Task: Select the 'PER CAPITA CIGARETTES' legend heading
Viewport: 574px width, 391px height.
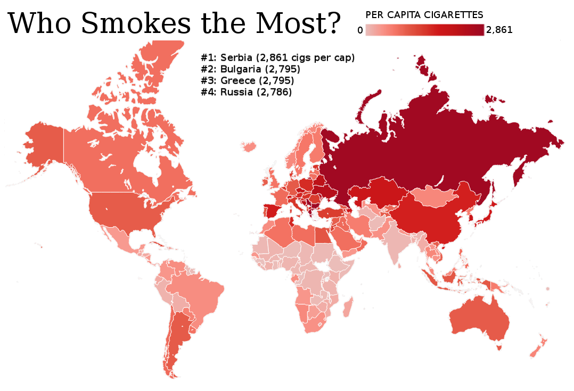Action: (x=424, y=14)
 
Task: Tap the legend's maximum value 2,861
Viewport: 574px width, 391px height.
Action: (x=499, y=30)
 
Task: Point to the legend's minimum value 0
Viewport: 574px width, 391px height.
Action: (x=360, y=30)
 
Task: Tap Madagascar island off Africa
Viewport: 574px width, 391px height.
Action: (x=348, y=307)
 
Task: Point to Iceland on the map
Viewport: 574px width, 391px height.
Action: (x=248, y=146)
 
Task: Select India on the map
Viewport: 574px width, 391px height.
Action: (x=397, y=242)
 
